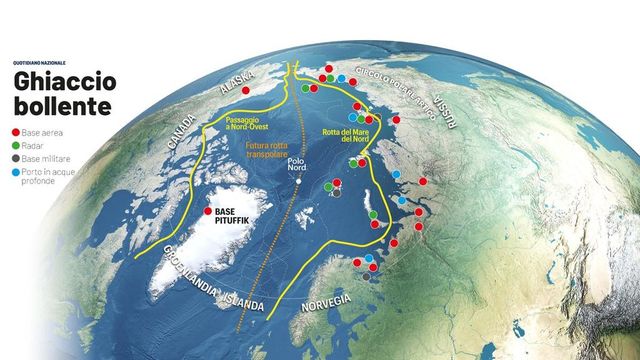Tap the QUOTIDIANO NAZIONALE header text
coord(39,62)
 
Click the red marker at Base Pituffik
coord(207,212)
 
